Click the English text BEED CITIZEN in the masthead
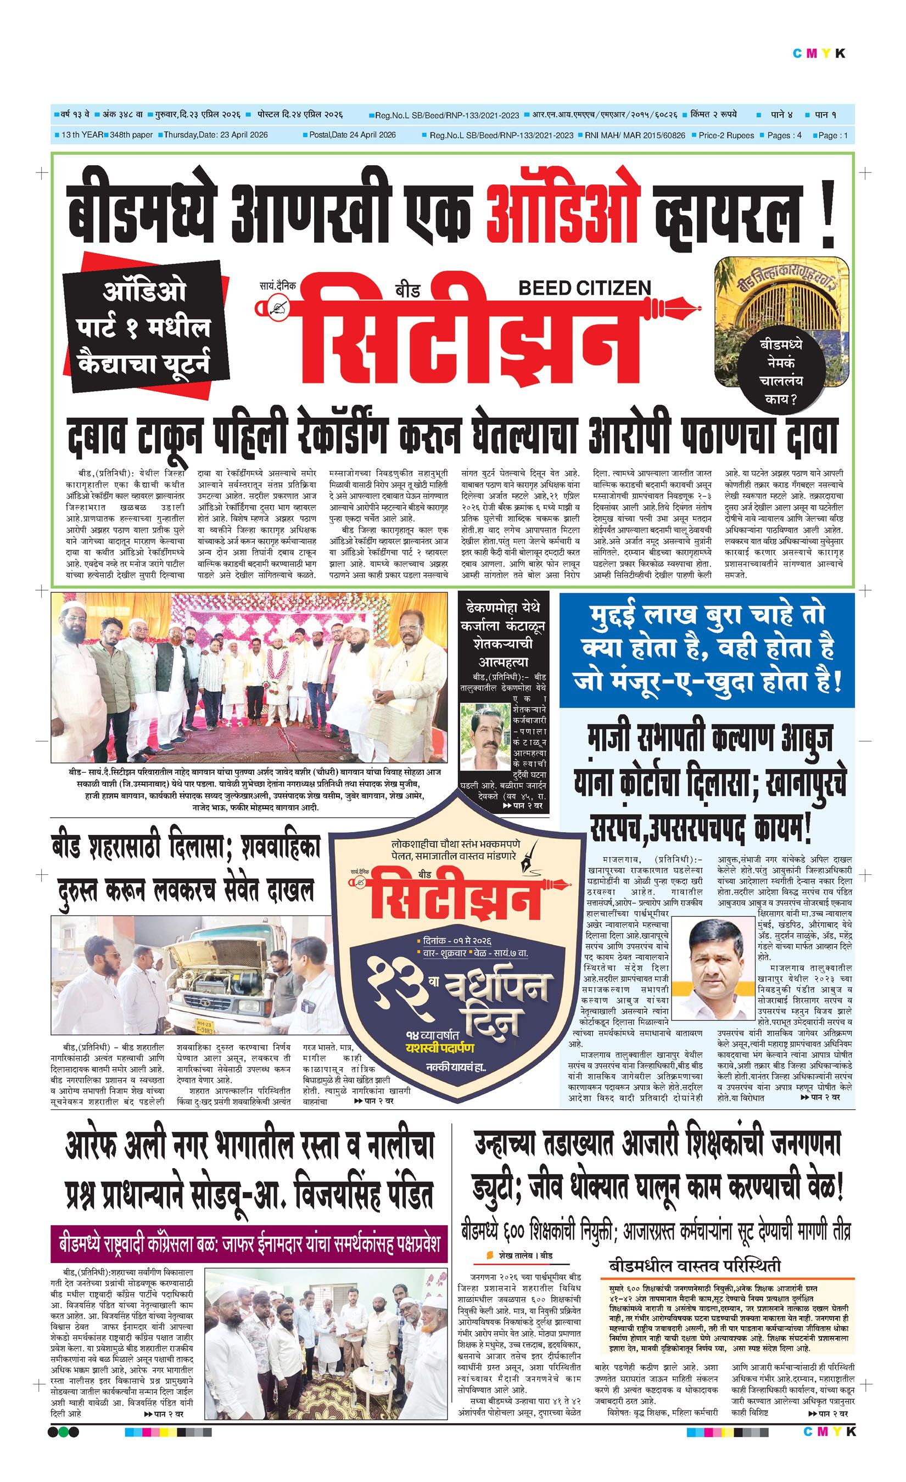[584, 288]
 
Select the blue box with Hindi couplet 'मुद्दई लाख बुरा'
[706, 649]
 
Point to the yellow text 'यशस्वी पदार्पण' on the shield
[439, 1048]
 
